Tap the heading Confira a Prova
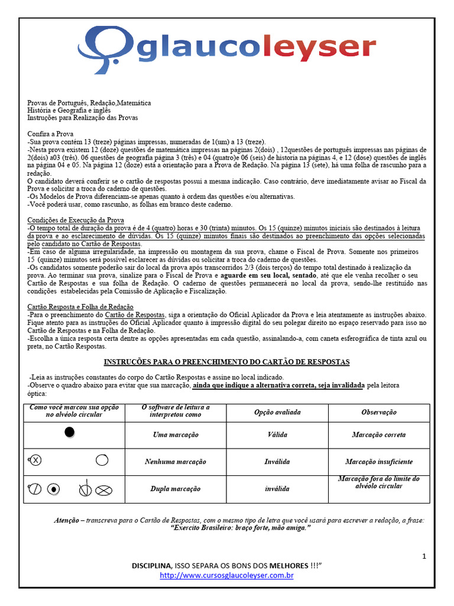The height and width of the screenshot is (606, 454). [50, 134]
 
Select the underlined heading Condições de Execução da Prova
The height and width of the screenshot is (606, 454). [76, 220]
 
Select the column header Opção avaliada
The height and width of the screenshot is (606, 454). [277, 412]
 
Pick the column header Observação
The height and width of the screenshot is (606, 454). [379, 412]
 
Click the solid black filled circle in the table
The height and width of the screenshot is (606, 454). [70, 432]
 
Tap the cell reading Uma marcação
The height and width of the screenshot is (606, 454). [176, 435]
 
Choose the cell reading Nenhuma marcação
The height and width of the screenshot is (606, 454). [176, 462]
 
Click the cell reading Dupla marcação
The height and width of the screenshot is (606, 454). [176, 489]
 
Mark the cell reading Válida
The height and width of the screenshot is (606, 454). [277, 435]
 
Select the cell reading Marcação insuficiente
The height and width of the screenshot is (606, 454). [379, 462]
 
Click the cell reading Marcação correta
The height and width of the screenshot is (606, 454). [379, 435]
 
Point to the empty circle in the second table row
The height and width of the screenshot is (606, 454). [101, 460]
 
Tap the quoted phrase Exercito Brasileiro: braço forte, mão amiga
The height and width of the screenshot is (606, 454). [240, 527]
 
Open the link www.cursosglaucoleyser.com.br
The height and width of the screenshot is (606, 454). [226, 575]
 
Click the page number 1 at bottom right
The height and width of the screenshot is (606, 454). [424, 556]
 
